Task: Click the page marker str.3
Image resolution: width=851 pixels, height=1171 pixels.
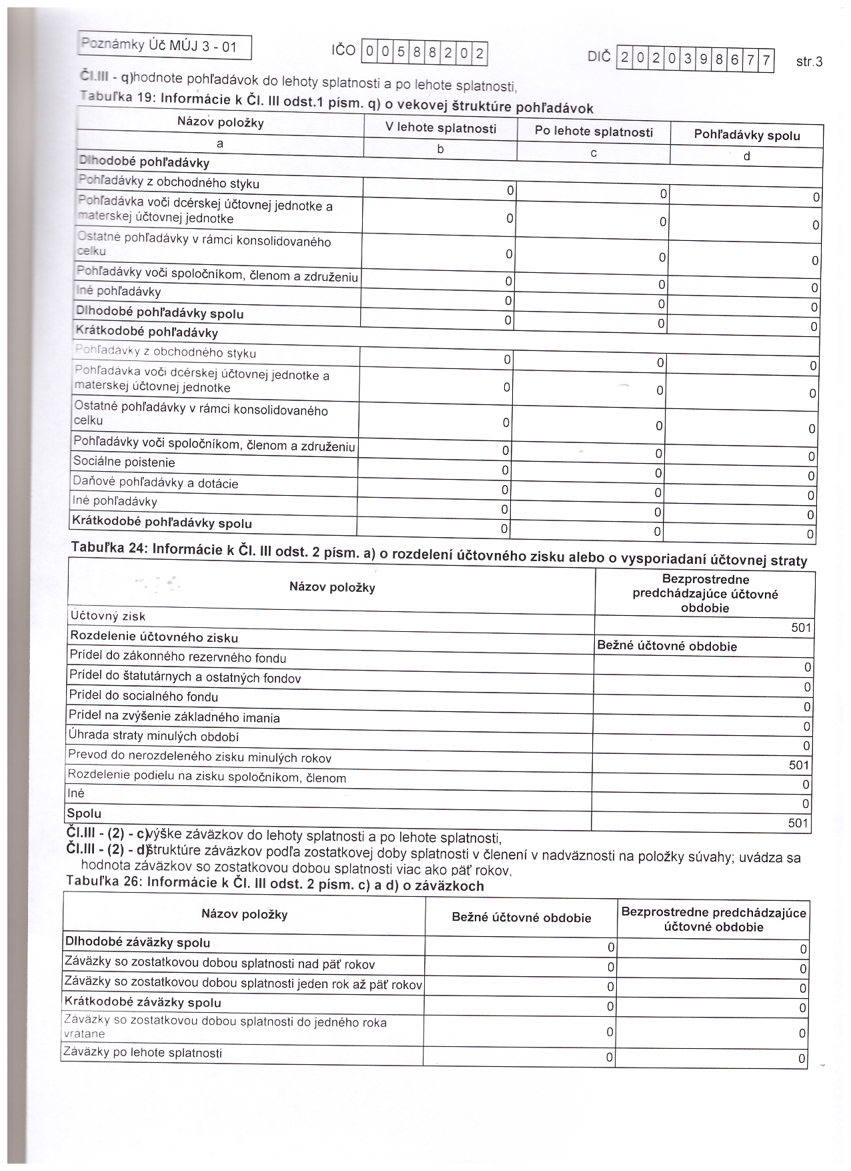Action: [x=809, y=62]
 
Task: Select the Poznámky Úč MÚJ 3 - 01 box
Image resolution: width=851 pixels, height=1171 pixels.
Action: [x=164, y=47]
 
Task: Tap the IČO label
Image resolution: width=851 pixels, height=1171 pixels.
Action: [x=343, y=51]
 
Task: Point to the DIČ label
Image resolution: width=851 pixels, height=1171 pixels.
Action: [x=599, y=57]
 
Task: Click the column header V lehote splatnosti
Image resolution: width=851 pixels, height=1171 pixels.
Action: [x=441, y=128]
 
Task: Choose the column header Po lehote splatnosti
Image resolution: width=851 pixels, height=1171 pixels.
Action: [x=594, y=131]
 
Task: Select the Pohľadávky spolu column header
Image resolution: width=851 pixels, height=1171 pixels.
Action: [x=747, y=135]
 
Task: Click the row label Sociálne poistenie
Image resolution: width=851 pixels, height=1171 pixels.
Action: [x=123, y=462]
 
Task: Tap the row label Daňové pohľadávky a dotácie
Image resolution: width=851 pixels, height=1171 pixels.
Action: [x=155, y=483]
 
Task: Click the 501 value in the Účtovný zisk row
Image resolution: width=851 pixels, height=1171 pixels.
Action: [x=800, y=627]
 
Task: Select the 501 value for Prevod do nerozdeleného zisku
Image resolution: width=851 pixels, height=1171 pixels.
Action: [x=798, y=765]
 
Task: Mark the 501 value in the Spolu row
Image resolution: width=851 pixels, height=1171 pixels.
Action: [x=798, y=823]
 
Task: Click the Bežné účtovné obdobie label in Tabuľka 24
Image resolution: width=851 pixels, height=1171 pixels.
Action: [x=667, y=646]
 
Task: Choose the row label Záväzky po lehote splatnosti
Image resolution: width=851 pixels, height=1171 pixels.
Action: [x=142, y=1053]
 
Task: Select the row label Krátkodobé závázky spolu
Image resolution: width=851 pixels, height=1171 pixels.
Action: [x=142, y=1002]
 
